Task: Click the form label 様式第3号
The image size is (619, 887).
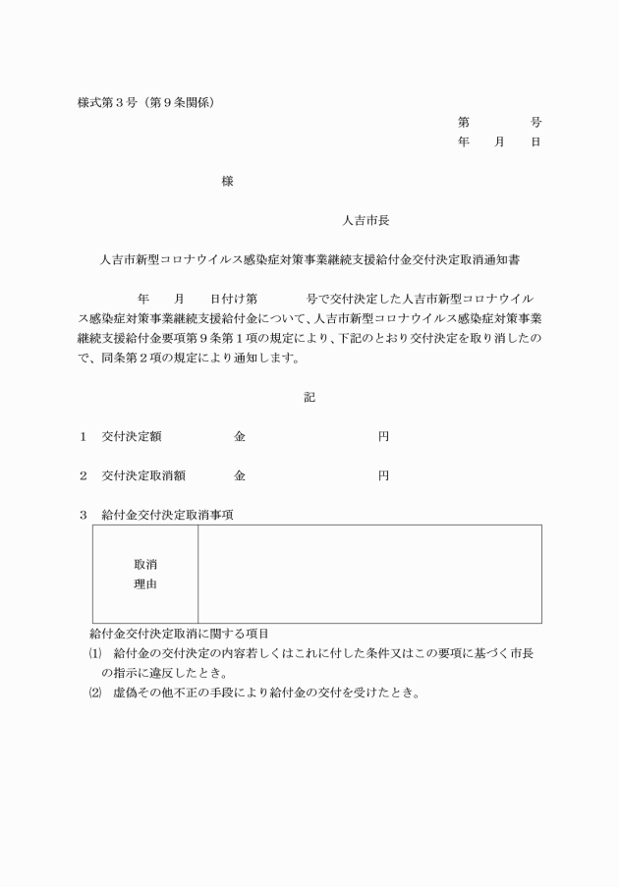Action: click(104, 102)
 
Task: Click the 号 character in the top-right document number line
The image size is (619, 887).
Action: click(536, 123)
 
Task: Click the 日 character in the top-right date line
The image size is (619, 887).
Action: click(536, 142)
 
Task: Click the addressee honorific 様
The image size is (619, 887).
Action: click(228, 182)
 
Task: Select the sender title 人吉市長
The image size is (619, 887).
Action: click(366, 221)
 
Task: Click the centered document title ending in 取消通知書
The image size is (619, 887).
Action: click(310, 261)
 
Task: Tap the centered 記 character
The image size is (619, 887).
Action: click(310, 398)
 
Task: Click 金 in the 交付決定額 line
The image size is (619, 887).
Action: click(239, 437)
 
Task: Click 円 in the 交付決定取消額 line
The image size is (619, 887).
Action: click(383, 475)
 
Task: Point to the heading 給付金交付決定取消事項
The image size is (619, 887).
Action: click(167, 515)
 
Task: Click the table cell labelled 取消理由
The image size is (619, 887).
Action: click(145, 575)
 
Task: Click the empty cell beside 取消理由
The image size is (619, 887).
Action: click(369, 575)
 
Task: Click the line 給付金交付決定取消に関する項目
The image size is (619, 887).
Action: click(179, 634)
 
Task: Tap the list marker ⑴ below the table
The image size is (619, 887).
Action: click(95, 653)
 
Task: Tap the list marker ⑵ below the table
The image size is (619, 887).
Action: click(95, 693)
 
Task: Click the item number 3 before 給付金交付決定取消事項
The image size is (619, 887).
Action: click(84, 515)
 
